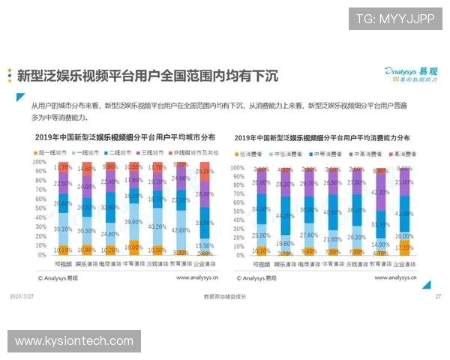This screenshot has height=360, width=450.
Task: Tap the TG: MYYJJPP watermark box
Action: pyautogui.click(x=394, y=19)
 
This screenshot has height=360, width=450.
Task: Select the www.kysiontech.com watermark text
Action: pyautogui.click(x=74, y=342)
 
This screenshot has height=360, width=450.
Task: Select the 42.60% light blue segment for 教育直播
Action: pyautogui.click(x=180, y=230)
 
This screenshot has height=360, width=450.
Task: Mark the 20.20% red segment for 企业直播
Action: pyautogui.click(x=202, y=171)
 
